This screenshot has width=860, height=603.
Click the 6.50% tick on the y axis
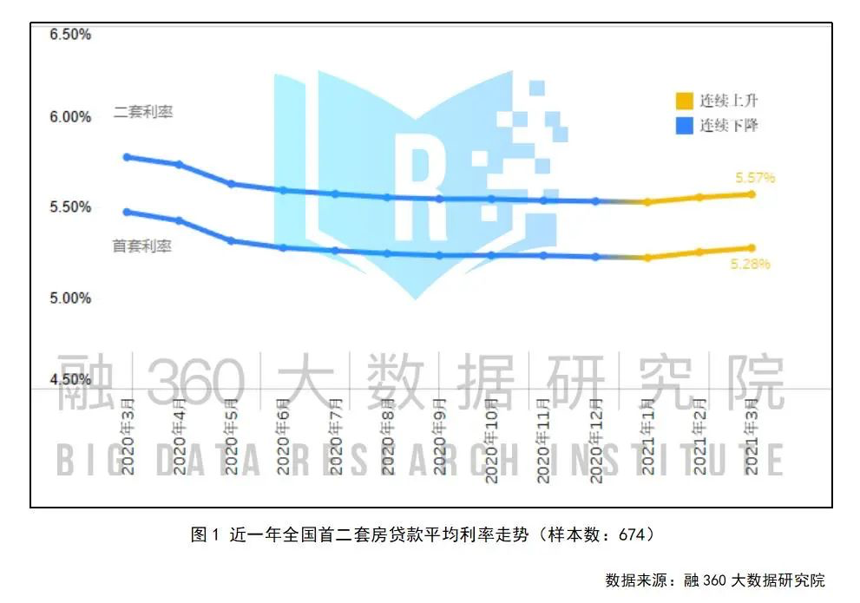pyautogui.click(x=71, y=35)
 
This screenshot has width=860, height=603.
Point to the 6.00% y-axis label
pyautogui.click(x=71, y=117)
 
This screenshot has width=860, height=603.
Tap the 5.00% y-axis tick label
pyautogui.click(x=71, y=298)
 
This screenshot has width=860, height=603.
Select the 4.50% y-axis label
pyautogui.click(x=71, y=380)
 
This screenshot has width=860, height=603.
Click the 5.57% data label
pyautogui.click(x=755, y=178)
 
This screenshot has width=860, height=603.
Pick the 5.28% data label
pyautogui.click(x=751, y=264)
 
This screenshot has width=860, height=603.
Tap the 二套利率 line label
pyautogui.click(x=143, y=113)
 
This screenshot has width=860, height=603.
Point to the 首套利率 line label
pyautogui.click(x=142, y=246)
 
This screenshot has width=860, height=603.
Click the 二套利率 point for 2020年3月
pyautogui.click(x=127, y=157)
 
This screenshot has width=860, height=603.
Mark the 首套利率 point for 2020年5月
pyautogui.click(x=231, y=240)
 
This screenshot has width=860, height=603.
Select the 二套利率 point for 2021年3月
pyautogui.click(x=752, y=194)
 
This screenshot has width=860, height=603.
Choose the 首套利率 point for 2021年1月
pyautogui.click(x=647, y=258)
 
